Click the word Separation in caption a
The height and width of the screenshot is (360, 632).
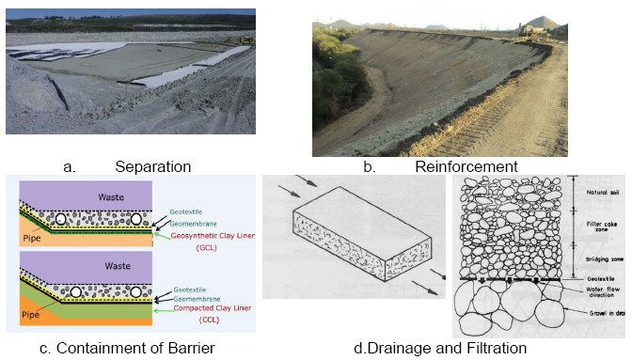click(x=153, y=166)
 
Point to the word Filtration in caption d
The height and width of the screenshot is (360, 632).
click(x=488, y=349)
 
